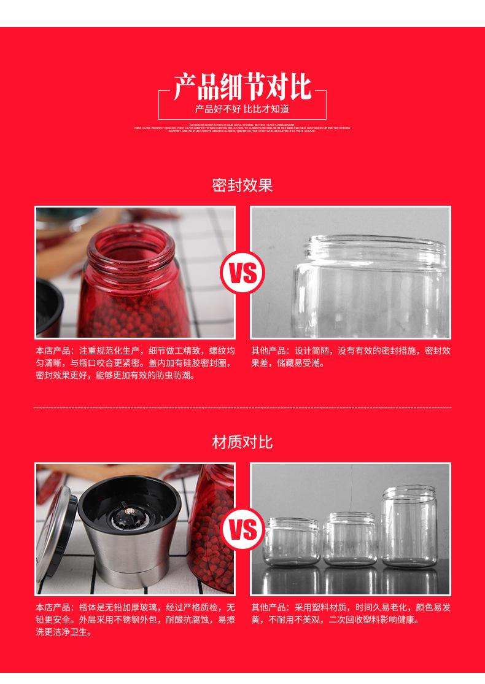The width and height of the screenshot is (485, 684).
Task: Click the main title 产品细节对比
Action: pyautogui.click(x=242, y=87)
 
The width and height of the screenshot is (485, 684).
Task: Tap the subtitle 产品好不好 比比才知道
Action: pyautogui.click(x=242, y=110)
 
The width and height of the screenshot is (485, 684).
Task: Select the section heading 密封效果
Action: pyautogui.click(x=242, y=185)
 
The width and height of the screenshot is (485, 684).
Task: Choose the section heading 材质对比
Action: pyautogui.click(x=242, y=442)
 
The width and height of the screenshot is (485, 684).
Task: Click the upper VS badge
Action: pyautogui.click(x=243, y=273)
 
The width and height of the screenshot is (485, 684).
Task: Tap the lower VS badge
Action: pyautogui.click(x=243, y=530)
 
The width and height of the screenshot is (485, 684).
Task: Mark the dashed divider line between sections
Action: pyautogui.click(x=242, y=407)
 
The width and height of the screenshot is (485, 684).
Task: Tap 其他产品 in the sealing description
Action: pyautogui.click(x=268, y=351)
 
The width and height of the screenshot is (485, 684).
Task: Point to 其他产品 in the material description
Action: pyautogui.click(x=268, y=608)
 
